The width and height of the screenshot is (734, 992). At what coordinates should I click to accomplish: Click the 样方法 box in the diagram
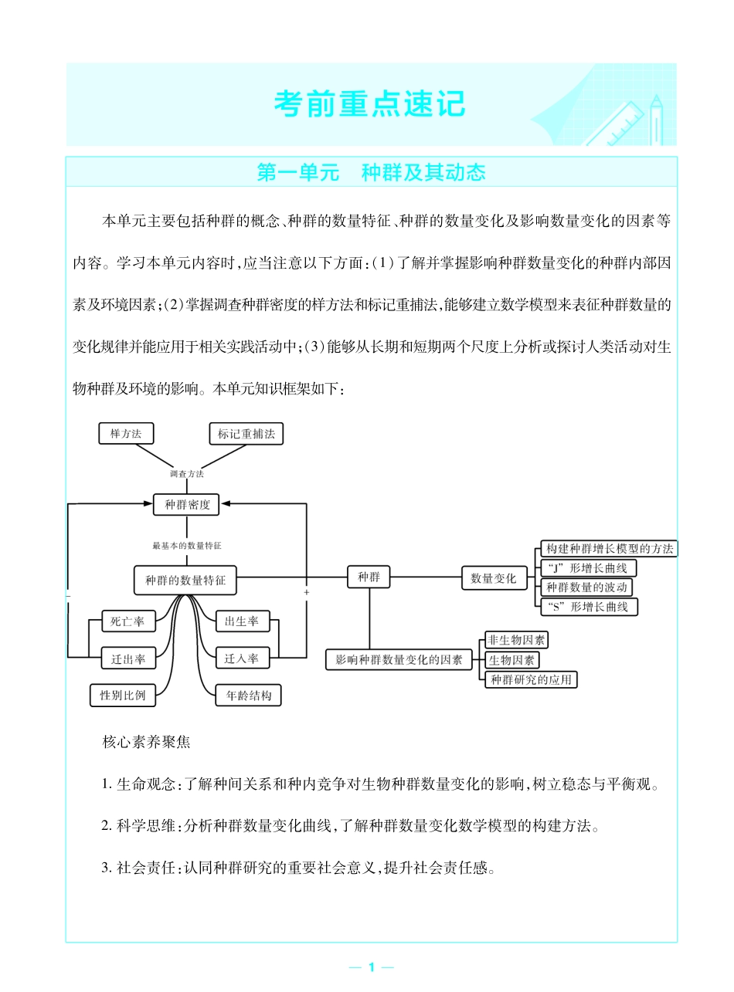(x=126, y=434)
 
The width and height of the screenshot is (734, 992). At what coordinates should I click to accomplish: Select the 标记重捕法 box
(x=246, y=434)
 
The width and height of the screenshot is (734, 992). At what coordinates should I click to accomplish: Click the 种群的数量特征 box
(x=185, y=581)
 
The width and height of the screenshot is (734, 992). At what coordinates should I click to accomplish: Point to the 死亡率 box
(x=128, y=621)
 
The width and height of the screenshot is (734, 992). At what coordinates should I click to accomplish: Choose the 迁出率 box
(x=128, y=659)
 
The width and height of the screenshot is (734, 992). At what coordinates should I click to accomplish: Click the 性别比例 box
(x=122, y=695)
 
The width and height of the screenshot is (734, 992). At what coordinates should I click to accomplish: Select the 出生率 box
(x=242, y=621)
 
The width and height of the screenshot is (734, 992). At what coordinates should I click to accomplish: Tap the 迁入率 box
(x=242, y=659)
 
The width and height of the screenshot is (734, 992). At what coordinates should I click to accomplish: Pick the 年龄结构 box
(x=248, y=696)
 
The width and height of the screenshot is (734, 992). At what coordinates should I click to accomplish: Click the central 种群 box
(x=369, y=577)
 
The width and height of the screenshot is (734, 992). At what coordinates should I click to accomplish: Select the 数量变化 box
(x=494, y=578)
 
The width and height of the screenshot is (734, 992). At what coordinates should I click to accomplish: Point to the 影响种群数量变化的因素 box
(x=399, y=659)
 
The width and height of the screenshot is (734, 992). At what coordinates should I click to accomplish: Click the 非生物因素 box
(x=516, y=640)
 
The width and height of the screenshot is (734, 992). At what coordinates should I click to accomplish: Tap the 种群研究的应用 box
(x=532, y=679)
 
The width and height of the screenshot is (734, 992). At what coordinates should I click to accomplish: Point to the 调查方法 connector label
(x=187, y=473)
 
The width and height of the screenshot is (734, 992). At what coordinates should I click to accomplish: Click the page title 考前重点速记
(x=370, y=104)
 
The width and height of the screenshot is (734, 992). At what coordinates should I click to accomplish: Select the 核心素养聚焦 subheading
(x=146, y=743)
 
